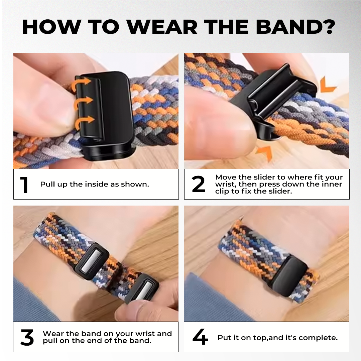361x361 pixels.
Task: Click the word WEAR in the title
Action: point(162,27)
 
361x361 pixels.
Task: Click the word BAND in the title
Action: point(287,27)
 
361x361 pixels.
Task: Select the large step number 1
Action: point(24,185)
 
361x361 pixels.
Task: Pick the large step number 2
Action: point(198,184)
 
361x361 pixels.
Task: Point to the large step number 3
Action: point(27,337)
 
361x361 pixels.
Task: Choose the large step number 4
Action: point(200,337)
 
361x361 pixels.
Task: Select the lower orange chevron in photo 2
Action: point(264,152)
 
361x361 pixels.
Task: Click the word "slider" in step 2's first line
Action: point(264,177)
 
